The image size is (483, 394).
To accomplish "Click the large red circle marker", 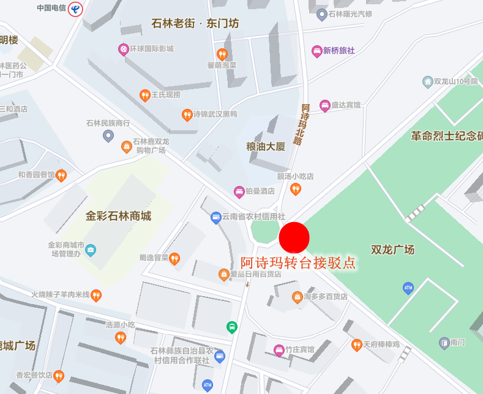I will tap(294, 237).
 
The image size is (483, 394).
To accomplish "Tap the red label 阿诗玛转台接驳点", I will tap(298, 263).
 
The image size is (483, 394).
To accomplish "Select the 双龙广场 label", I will tap(392, 250).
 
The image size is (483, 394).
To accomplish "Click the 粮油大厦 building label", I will tap(266, 146).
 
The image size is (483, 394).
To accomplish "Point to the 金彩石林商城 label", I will tap(118, 216).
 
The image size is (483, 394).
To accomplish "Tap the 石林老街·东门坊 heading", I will tap(195, 24).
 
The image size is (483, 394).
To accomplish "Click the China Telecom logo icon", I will tap(75, 9).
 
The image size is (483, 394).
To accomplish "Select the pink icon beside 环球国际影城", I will tap(123, 49).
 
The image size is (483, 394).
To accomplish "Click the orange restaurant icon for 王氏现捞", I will tap(144, 95).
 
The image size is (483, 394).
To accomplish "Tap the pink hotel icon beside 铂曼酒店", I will tap(239, 191).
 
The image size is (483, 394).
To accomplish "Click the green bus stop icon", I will tap(232, 327).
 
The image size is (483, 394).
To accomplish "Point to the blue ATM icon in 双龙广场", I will tap(408, 288).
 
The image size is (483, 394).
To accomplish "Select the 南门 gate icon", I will tap(444, 342).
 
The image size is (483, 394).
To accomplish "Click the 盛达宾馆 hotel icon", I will tap(325, 105).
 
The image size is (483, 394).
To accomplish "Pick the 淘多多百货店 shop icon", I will tap(297, 297).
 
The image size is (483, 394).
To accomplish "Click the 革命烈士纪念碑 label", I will tap(446, 136).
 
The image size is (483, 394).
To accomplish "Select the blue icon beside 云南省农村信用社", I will tap(215, 217).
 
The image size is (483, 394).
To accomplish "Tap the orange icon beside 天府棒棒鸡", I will tap(356, 345).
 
